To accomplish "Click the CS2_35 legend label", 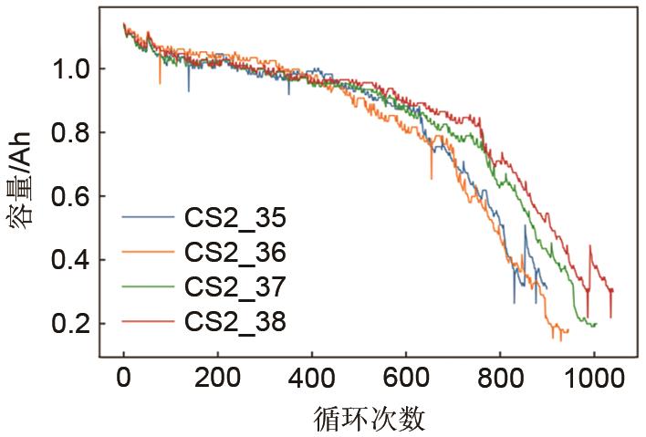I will (x=234, y=218).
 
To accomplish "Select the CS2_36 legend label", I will (x=234, y=253).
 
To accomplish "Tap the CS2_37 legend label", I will (x=234, y=287).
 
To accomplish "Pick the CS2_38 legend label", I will (x=234, y=321).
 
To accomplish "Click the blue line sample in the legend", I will (x=147, y=218).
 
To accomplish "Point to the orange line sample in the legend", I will (x=147, y=253).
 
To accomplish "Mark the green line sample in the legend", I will (x=147, y=287).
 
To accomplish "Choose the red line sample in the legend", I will (x=147, y=321).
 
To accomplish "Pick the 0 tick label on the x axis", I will (x=124, y=377).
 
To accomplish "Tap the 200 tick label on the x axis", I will (x=218, y=377).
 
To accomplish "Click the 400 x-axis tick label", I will (x=312, y=377).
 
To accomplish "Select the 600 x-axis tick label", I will (x=406, y=377).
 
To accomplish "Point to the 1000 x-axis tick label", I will (x=594, y=377).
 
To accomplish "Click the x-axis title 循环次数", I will (x=369, y=419).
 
